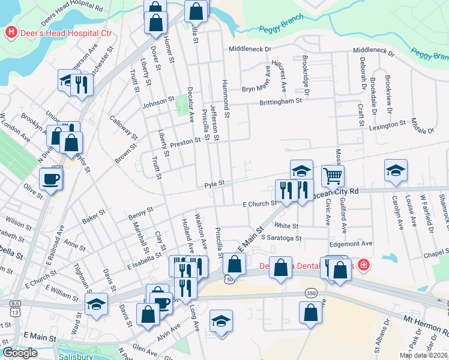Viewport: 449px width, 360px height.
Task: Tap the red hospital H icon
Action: (10, 32)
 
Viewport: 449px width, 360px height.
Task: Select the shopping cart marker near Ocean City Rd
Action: (333, 175)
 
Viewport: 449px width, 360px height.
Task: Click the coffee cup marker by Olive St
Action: (50, 178)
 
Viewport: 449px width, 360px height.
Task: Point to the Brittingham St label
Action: (280, 102)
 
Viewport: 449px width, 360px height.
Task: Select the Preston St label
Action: (185, 142)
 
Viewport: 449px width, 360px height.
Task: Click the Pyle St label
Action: (214, 183)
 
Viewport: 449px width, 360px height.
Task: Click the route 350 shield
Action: (311, 293)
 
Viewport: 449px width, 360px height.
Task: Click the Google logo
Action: (20, 353)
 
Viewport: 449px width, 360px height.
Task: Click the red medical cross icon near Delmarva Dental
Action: (363, 265)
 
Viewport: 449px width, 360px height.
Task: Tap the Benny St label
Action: (141, 213)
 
